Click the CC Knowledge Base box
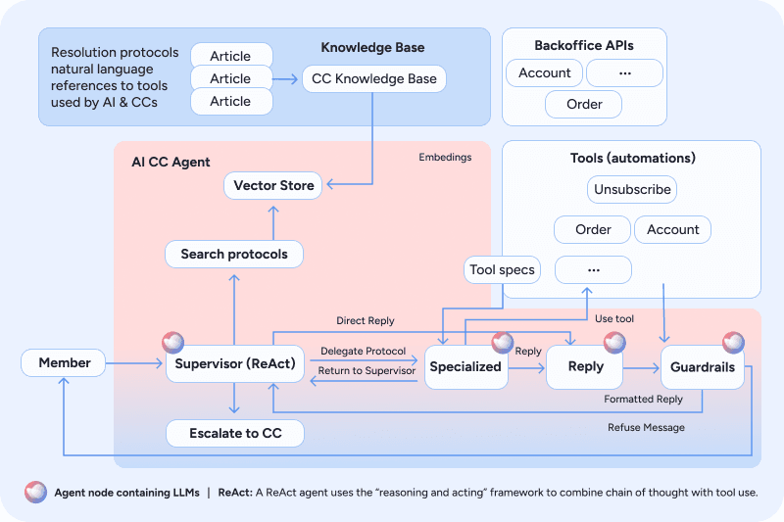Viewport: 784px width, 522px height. tap(374, 78)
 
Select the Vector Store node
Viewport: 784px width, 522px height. tap(273, 185)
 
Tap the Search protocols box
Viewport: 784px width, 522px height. tap(234, 254)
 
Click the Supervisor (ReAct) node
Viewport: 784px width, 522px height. tap(235, 363)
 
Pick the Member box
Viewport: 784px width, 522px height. tap(64, 362)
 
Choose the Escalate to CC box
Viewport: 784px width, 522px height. tap(235, 433)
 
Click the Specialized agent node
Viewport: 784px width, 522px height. tap(466, 367)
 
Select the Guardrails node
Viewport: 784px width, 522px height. tap(703, 367)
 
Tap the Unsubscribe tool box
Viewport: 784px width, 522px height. tap(632, 189)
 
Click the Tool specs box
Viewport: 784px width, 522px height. tap(502, 269)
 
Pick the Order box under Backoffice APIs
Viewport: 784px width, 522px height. tap(583, 104)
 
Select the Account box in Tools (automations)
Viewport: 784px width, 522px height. tap(672, 229)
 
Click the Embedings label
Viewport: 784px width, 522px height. tap(445, 157)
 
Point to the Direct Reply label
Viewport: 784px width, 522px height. tap(365, 320)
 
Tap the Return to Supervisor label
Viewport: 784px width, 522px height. tap(367, 370)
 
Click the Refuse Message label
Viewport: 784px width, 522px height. tap(646, 427)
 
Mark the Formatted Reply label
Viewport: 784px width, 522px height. tap(643, 399)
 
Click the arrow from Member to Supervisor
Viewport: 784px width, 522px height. tap(134, 363)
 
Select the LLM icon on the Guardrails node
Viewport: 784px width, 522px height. tap(733, 343)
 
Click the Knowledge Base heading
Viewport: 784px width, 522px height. tap(372, 47)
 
